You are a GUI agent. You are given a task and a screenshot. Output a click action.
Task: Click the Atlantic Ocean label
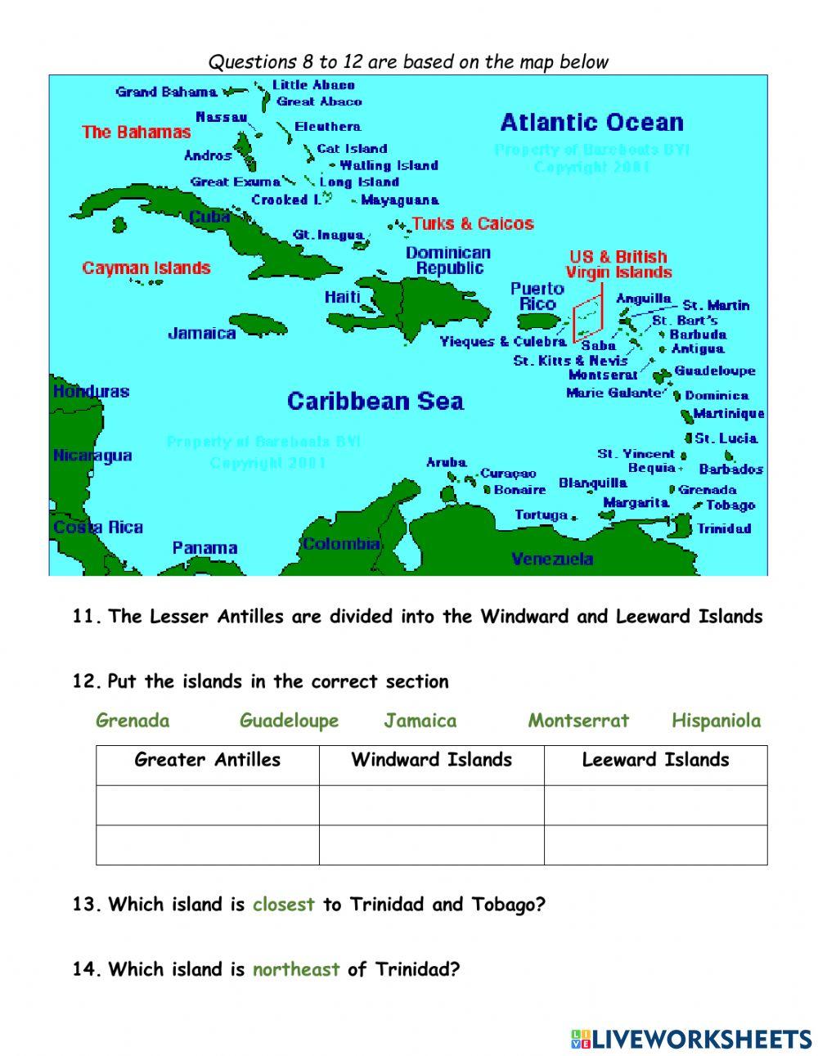(591, 123)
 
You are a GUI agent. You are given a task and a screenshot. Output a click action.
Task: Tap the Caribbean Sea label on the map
(375, 401)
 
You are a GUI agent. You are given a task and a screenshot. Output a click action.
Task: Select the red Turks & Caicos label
(473, 223)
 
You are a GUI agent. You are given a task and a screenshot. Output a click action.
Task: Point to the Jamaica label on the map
(202, 333)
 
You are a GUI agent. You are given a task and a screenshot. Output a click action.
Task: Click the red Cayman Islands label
(146, 267)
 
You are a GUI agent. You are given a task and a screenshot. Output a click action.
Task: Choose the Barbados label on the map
(730, 470)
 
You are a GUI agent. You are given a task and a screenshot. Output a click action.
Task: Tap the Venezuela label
(552, 559)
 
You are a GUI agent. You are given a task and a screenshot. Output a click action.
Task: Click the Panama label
(204, 548)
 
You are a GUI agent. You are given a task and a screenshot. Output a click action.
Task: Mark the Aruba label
(446, 463)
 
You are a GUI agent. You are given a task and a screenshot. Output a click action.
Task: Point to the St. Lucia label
(726, 438)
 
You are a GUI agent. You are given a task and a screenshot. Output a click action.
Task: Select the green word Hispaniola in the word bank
(716, 721)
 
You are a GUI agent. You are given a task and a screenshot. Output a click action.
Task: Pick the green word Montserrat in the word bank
(578, 721)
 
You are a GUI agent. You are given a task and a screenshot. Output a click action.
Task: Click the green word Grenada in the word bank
(133, 721)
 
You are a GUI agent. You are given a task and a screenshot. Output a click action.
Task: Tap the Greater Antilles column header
(207, 760)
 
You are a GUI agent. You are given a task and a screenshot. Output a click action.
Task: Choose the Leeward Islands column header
(655, 760)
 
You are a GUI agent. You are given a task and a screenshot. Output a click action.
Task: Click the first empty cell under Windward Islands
(431, 805)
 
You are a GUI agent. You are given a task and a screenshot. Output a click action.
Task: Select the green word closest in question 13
(283, 905)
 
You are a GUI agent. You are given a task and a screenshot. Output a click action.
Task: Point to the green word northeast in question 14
(295, 970)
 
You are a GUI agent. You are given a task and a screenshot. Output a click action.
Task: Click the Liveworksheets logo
(691, 1039)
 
